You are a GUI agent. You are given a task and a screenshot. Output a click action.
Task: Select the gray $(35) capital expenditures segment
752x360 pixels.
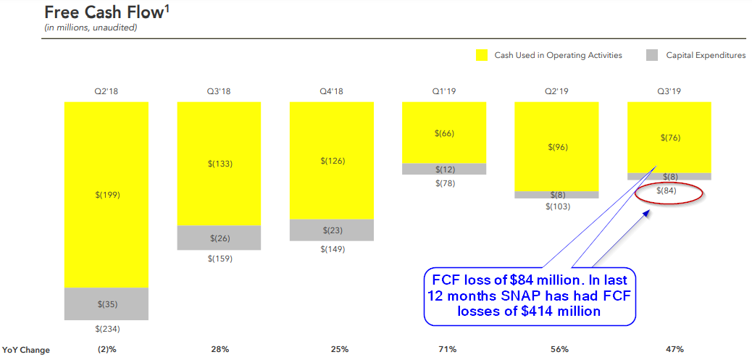pyautogui.click(x=106, y=304)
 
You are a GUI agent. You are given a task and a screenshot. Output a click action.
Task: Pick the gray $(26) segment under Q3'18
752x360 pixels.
pyautogui.click(x=219, y=238)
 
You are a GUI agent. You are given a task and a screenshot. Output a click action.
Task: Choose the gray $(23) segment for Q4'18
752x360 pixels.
pyautogui.click(x=331, y=230)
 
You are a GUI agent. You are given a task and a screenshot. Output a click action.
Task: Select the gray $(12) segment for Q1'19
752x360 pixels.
pyautogui.click(x=443, y=169)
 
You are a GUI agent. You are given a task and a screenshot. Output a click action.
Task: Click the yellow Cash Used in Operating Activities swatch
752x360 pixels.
pyautogui.click(x=482, y=55)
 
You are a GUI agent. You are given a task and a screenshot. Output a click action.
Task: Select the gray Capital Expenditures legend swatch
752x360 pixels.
pyautogui.click(x=651, y=55)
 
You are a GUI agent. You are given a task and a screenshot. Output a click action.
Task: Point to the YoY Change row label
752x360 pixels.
pyautogui.click(x=26, y=350)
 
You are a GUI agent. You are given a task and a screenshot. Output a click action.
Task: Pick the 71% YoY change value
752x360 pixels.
pyautogui.click(x=447, y=350)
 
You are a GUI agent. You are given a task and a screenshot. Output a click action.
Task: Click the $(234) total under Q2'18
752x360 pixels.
pyautogui.click(x=106, y=329)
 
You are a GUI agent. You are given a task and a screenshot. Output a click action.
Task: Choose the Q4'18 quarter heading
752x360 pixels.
pyautogui.click(x=331, y=92)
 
